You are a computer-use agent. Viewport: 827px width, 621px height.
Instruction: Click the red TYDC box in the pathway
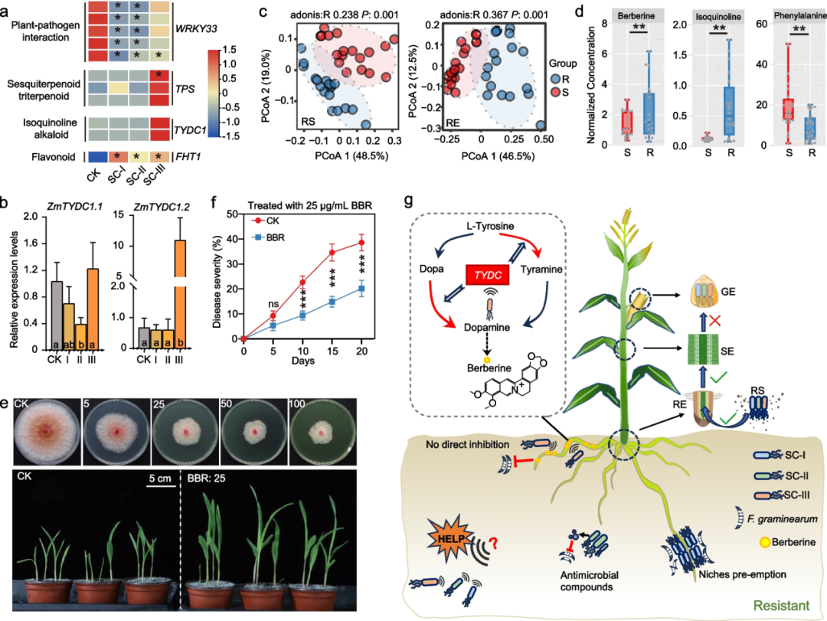[x=487, y=275]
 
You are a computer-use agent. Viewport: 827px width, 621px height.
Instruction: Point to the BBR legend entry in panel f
[x=269, y=238]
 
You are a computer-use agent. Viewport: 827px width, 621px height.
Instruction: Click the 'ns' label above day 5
[x=273, y=304]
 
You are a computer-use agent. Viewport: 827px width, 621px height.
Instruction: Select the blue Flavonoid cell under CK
[x=97, y=157]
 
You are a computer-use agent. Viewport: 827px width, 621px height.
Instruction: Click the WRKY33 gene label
[x=196, y=28]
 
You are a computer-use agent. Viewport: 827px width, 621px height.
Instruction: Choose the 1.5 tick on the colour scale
[x=230, y=50]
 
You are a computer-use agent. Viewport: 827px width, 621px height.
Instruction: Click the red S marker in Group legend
[x=556, y=93]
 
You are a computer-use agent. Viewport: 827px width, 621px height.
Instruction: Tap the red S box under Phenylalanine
[x=789, y=110]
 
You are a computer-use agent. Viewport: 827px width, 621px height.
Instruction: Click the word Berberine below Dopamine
[x=489, y=368]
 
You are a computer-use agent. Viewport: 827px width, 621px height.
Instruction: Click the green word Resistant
[x=781, y=605]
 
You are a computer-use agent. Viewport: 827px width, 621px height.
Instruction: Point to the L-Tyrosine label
[x=490, y=226]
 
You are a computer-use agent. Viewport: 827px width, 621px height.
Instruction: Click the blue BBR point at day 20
[x=361, y=289]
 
